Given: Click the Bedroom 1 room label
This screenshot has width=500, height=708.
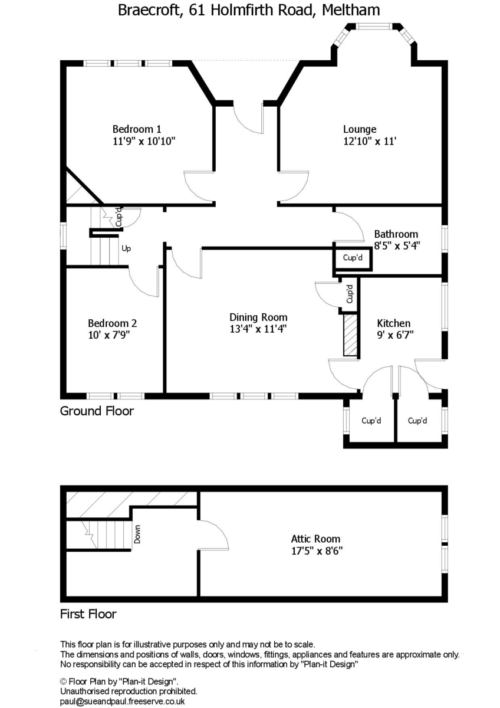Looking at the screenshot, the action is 137,129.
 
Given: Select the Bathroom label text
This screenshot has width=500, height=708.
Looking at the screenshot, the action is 396,234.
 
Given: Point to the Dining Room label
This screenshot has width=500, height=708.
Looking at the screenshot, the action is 258,317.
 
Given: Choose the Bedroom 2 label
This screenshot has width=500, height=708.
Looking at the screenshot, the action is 112,323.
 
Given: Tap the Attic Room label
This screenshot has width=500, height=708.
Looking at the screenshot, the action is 315,539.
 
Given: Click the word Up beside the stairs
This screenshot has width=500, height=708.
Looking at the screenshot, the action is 126,248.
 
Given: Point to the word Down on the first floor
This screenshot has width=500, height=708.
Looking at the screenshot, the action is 137,534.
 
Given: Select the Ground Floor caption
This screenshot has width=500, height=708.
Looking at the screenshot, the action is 97,411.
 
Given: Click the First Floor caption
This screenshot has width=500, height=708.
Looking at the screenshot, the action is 88,614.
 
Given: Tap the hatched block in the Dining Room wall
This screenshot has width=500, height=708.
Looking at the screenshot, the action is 350,335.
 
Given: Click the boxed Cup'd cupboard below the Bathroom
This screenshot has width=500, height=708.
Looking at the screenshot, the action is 353,258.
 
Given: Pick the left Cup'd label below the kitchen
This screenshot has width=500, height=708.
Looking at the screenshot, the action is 371,421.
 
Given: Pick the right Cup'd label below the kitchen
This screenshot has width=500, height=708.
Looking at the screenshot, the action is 417,421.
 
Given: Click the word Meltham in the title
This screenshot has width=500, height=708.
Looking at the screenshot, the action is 351,10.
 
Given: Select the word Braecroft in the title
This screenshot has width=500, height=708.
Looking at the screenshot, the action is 148,10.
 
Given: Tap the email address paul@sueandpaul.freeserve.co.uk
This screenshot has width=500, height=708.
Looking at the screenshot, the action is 123,702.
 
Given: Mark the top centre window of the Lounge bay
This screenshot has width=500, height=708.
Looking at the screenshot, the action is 375,26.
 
